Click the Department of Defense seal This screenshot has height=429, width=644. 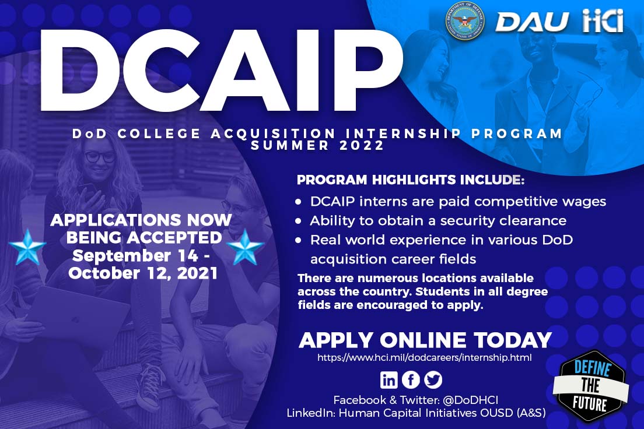(x=464, y=21)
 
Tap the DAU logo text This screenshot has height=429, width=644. (x=532, y=22)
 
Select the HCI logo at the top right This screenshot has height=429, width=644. (x=603, y=21)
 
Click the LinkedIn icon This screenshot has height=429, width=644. (x=388, y=379)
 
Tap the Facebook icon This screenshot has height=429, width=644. (x=411, y=379)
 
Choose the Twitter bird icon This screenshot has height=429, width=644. (x=433, y=379)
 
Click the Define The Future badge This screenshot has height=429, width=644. (x=590, y=386)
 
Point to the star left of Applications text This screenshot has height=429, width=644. (x=27, y=247)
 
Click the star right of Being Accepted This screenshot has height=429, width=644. (x=245, y=247)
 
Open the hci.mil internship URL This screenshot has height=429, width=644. (x=424, y=357)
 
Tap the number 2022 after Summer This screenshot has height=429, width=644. (x=362, y=145)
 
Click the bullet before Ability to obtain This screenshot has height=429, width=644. (x=299, y=221)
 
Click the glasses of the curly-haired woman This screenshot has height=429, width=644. (x=100, y=156)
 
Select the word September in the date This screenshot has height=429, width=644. (x=121, y=256)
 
